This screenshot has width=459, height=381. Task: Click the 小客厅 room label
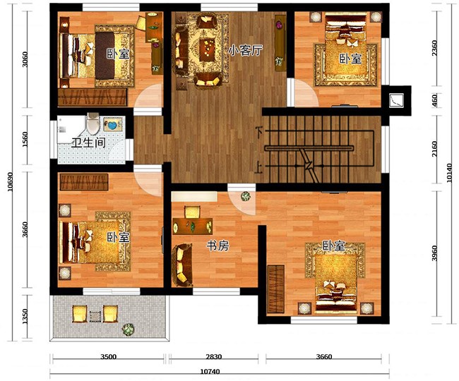(x=245, y=50)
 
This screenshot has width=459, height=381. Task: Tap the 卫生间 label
(x=88, y=143)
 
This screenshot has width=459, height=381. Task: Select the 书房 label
(x=217, y=246)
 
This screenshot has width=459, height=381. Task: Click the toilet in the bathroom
(x=93, y=124)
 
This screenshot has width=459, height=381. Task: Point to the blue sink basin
(x=112, y=125)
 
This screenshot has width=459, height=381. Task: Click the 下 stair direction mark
(x=258, y=131)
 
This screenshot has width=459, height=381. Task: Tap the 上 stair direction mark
(x=258, y=169)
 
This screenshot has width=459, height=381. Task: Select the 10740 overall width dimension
(x=210, y=372)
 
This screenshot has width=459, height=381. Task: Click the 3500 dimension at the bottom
(x=108, y=357)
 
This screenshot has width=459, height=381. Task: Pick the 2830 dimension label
(x=214, y=357)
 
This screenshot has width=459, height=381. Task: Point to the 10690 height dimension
(x=11, y=182)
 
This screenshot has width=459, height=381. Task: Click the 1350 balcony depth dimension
(x=25, y=316)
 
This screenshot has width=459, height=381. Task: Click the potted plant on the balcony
(x=128, y=329)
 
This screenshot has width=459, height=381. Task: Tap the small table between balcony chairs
(x=95, y=316)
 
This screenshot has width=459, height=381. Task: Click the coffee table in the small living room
(x=208, y=49)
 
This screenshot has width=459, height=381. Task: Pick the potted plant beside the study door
(x=245, y=196)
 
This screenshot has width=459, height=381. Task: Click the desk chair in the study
(x=192, y=212)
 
